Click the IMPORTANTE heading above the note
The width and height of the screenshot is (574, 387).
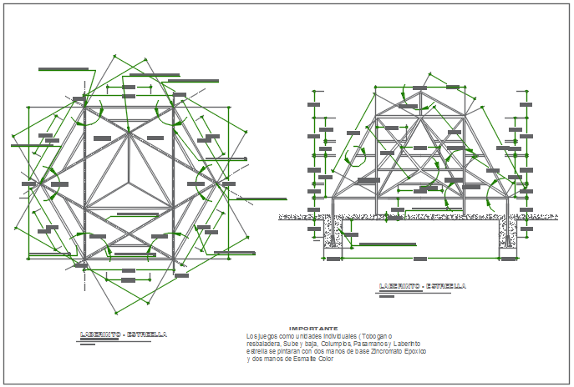[x=313, y=329]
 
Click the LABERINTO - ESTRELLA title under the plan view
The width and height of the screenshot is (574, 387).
[x=123, y=334]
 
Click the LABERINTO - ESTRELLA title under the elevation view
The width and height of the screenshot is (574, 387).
[x=422, y=286]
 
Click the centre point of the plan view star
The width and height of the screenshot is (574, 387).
[x=129, y=178]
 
